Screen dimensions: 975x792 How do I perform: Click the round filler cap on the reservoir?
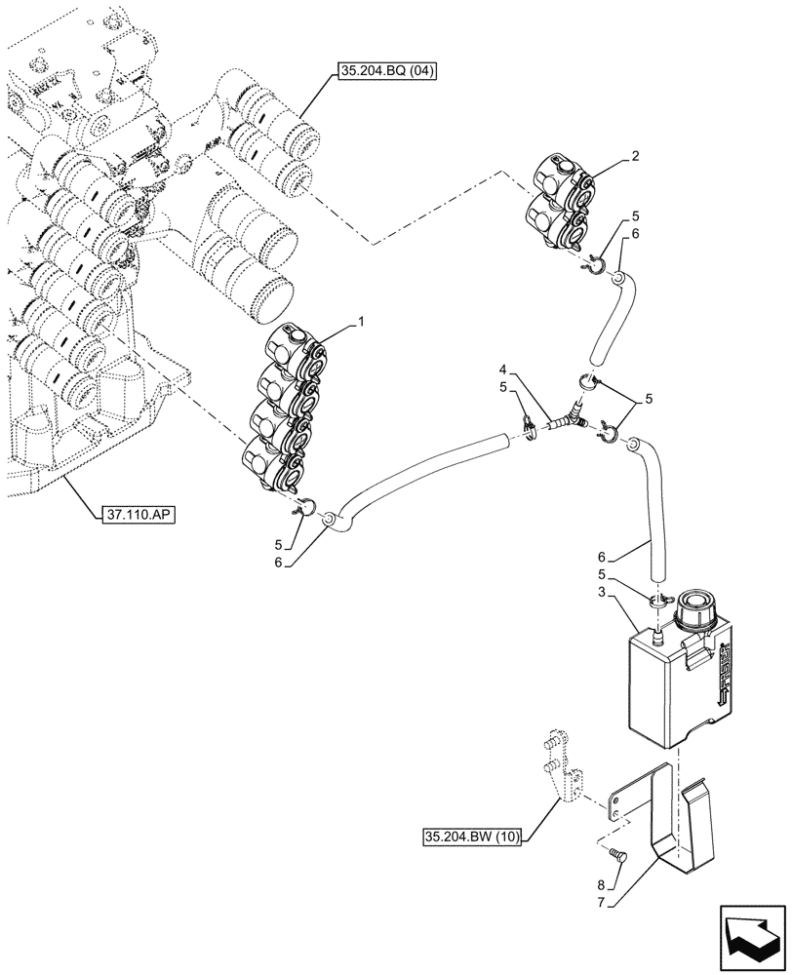696,612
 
